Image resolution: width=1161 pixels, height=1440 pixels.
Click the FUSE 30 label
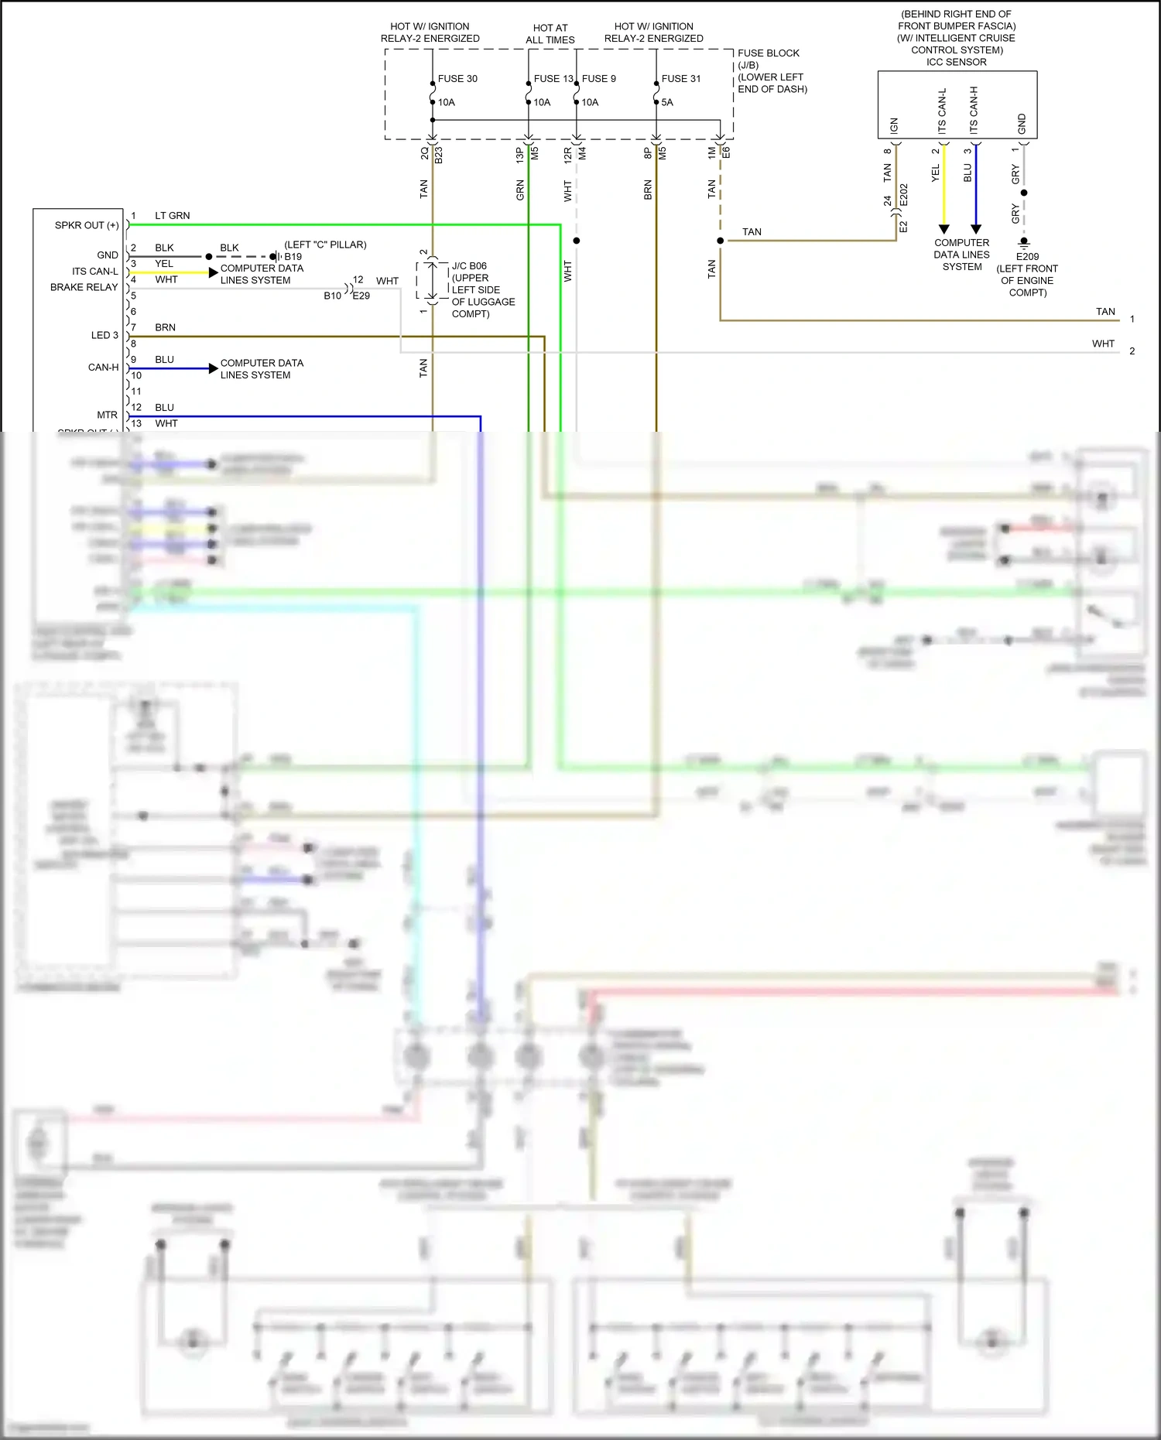pyautogui.click(x=457, y=79)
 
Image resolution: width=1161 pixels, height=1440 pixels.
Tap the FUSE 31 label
pyautogui.click(x=680, y=79)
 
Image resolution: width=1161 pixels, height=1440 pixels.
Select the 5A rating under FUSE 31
pyautogui.click(x=667, y=102)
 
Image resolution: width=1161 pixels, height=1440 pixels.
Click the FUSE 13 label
pyautogui.click(x=553, y=79)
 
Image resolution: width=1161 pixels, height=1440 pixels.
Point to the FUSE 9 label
pyautogui.click(x=599, y=79)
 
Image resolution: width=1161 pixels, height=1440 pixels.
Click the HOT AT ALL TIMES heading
pyautogui.click(x=550, y=34)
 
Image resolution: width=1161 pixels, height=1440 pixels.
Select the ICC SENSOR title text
pyautogui.click(x=957, y=62)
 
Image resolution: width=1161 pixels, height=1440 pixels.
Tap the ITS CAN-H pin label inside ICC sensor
pyautogui.click(x=974, y=111)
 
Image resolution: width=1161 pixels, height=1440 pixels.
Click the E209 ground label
pyautogui.click(x=1027, y=257)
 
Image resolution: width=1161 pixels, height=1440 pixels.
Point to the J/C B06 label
pyautogui.click(x=469, y=266)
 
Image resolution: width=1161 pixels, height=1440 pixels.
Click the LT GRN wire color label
pyautogui.click(x=172, y=216)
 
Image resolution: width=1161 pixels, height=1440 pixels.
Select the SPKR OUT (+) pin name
pyautogui.click(x=87, y=225)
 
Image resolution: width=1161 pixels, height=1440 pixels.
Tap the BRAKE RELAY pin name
pyautogui.click(x=84, y=287)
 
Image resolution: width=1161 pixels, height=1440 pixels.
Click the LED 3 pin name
pyautogui.click(x=104, y=335)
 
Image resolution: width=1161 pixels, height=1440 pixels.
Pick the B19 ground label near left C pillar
pyautogui.click(x=293, y=257)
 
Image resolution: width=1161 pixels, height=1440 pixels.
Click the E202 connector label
pyautogui.click(x=903, y=194)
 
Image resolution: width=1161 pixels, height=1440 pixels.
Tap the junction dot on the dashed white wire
pyautogui.click(x=577, y=241)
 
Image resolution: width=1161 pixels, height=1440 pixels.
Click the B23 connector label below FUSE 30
pyautogui.click(x=438, y=154)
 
